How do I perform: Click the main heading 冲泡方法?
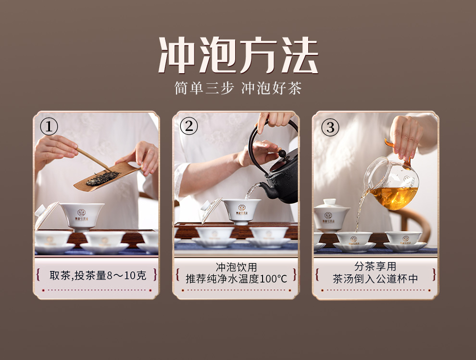[x=238, y=55]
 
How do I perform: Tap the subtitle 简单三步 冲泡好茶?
[x=238, y=88]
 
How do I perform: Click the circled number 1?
[x=49, y=127]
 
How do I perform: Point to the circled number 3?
[x=330, y=127]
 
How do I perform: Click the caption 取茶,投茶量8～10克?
[x=98, y=275]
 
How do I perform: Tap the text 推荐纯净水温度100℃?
[x=236, y=279]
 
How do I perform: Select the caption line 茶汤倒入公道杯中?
[x=375, y=279]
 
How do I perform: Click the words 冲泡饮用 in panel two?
[x=236, y=267]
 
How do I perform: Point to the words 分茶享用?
[x=375, y=267]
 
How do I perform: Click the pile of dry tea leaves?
[x=102, y=179]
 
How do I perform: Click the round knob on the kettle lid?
[x=282, y=154]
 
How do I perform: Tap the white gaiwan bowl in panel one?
[x=82, y=216]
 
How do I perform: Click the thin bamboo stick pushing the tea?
[x=93, y=159]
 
